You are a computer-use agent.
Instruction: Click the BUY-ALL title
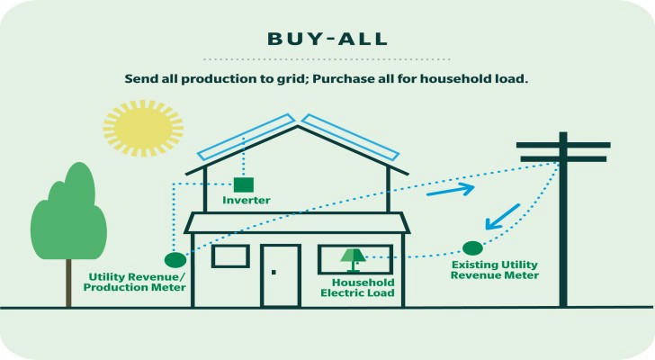pyautogui.click(x=327, y=39)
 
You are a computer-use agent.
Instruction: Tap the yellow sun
pyautogui.click(x=143, y=128)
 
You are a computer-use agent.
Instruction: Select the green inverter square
pyautogui.click(x=243, y=184)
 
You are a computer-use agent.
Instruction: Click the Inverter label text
pyautogui.click(x=246, y=200)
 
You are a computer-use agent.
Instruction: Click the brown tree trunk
pyautogui.click(x=68, y=283)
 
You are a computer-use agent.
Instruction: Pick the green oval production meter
pyautogui.click(x=175, y=260)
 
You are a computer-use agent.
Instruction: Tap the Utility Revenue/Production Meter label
pyautogui.click(x=135, y=283)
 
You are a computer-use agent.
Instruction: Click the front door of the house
pyautogui.click(x=281, y=276)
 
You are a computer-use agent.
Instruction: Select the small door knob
pyautogui.click(x=274, y=273)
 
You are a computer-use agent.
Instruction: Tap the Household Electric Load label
pyautogui.click(x=357, y=288)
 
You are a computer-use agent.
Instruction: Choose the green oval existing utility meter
pyautogui.click(x=472, y=248)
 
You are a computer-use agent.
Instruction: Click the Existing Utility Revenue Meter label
pyautogui.click(x=495, y=270)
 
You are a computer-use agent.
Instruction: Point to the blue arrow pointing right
pyautogui.click(x=450, y=190)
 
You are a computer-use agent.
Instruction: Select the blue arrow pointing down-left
pyautogui.click(x=502, y=217)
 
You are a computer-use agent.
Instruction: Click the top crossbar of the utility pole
pyautogui.click(x=563, y=145)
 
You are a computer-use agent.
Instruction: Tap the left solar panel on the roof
pyautogui.click(x=247, y=137)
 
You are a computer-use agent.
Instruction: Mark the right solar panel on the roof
pyautogui.click(x=350, y=137)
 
